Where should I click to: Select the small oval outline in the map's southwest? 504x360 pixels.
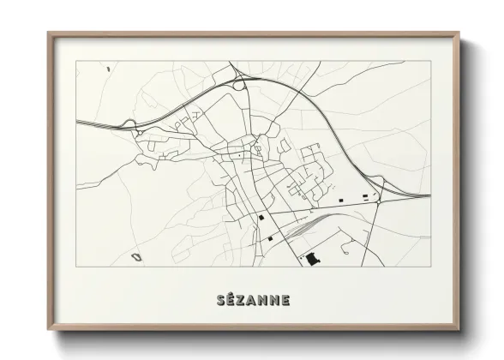[x=135, y=255]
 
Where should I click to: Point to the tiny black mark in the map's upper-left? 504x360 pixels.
[x=108, y=68]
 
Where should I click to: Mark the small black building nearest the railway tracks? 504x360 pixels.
[x=270, y=237]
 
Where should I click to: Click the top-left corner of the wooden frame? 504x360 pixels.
[x=49, y=33]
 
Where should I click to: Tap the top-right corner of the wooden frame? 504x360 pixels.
[x=459, y=33]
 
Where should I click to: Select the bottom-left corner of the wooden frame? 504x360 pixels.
[x=49, y=329]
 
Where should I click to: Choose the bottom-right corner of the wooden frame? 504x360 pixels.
[x=459, y=329]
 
